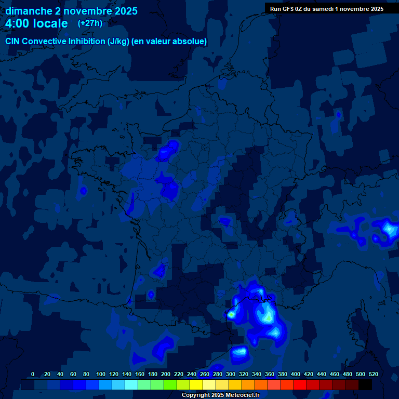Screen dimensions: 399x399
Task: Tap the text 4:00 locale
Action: tap(36, 23)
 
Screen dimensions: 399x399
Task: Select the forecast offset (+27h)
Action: tap(90, 23)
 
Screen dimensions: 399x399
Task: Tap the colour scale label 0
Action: tap(33, 374)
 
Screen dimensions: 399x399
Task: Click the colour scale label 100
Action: tap(101, 374)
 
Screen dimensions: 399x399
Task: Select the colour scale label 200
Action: tap(166, 374)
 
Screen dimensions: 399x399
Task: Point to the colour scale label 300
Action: tap(231, 374)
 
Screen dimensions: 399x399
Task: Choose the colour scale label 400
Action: tap(296, 374)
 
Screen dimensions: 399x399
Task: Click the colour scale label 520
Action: tap(373, 374)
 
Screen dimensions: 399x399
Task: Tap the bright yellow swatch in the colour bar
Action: tap(196, 385)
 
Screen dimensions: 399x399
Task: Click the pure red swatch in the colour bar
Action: tap(300, 385)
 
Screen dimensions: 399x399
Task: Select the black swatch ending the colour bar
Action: tap(365, 385)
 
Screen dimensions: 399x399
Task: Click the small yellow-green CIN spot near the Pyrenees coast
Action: tap(231, 314)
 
